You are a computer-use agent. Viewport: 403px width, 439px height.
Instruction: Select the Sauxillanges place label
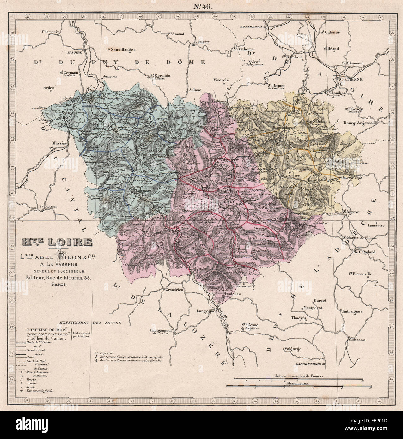pos(123,49)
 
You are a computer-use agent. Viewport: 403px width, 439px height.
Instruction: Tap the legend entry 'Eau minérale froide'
pos(41,390)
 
